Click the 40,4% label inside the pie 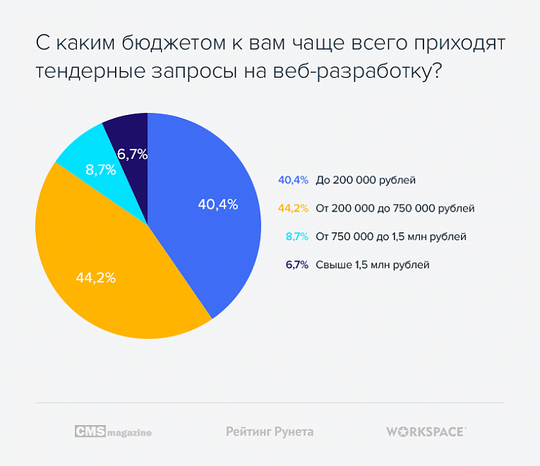[x=218, y=204]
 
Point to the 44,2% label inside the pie [x=96, y=278]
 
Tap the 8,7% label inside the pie [x=101, y=170]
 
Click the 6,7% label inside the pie [x=132, y=153]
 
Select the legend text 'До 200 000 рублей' [x=366, y=180]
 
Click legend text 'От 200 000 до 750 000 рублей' [x=395, y=209]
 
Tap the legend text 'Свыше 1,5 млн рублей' [x=372, y=265]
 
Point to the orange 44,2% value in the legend [x=293, y=209]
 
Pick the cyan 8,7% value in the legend [x=297, y=236]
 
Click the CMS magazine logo [x=113, y=431]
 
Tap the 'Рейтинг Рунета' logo [x=270, y=431]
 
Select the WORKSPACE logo [x=426, y=431]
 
